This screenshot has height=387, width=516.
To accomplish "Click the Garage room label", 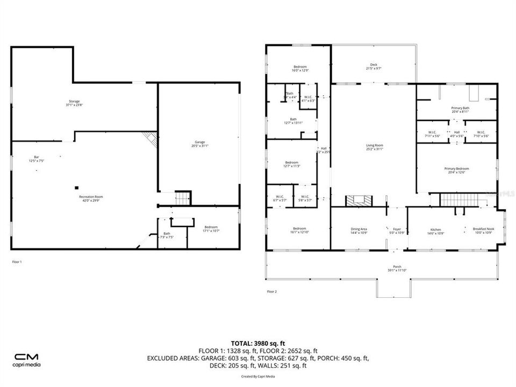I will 199,143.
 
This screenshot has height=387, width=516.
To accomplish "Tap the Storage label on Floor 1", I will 74,102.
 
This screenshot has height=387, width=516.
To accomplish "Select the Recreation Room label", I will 90,198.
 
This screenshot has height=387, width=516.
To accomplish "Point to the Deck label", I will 374,66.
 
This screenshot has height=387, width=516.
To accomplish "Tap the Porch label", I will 397,268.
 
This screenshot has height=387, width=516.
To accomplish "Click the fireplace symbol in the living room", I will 357,200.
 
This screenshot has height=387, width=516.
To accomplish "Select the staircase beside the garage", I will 183,198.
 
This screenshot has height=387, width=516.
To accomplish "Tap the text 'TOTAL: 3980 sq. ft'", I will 258,343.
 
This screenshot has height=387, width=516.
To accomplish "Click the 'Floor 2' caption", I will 272,291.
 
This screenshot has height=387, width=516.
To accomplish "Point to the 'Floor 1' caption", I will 17,262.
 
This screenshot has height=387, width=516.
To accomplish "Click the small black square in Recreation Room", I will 77,188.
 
